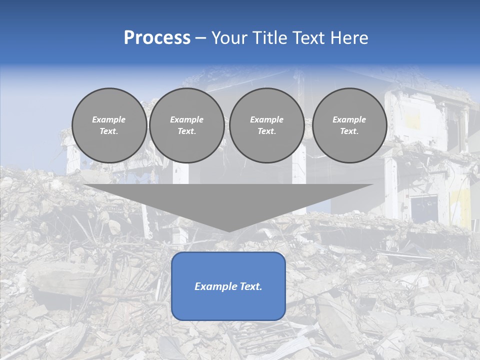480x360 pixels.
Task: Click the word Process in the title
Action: pyautogui.click(x=157, y=38)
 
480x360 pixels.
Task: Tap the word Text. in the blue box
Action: pyautogui.click(x=250, y=286)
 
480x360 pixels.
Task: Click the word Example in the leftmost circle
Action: pyautogui.click(x=109, y=119)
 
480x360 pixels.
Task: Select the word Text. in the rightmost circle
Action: pyautogui.click(x=349, y=131)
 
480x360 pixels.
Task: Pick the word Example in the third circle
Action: pyautogui.click(x=266, y=119)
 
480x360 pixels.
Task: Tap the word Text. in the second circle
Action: pyautogui.click(x=186, y=131)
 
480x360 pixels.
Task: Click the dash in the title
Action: pyautogui.click(x=201, y=38)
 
